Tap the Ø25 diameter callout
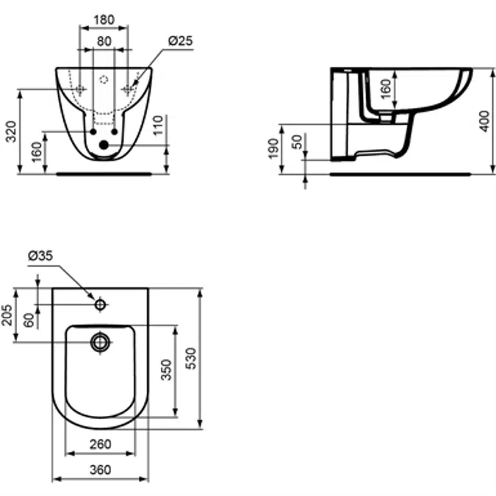181,42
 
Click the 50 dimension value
297,142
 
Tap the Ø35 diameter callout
40,256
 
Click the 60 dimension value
29,320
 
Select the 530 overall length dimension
191,358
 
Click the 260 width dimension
100,444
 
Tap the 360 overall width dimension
100,470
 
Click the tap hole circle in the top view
101,303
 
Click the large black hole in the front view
104,145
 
